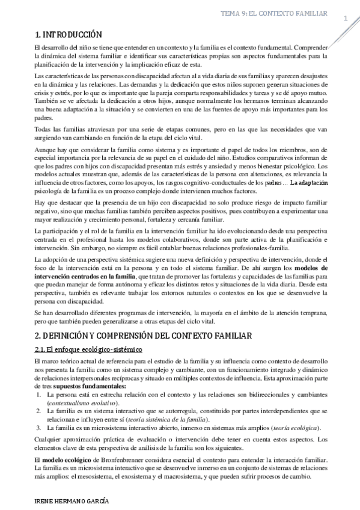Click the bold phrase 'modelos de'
[x=311, y=268]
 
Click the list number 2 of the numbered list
[x=38, y=410]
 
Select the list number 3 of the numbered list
[x=38, y=428]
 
